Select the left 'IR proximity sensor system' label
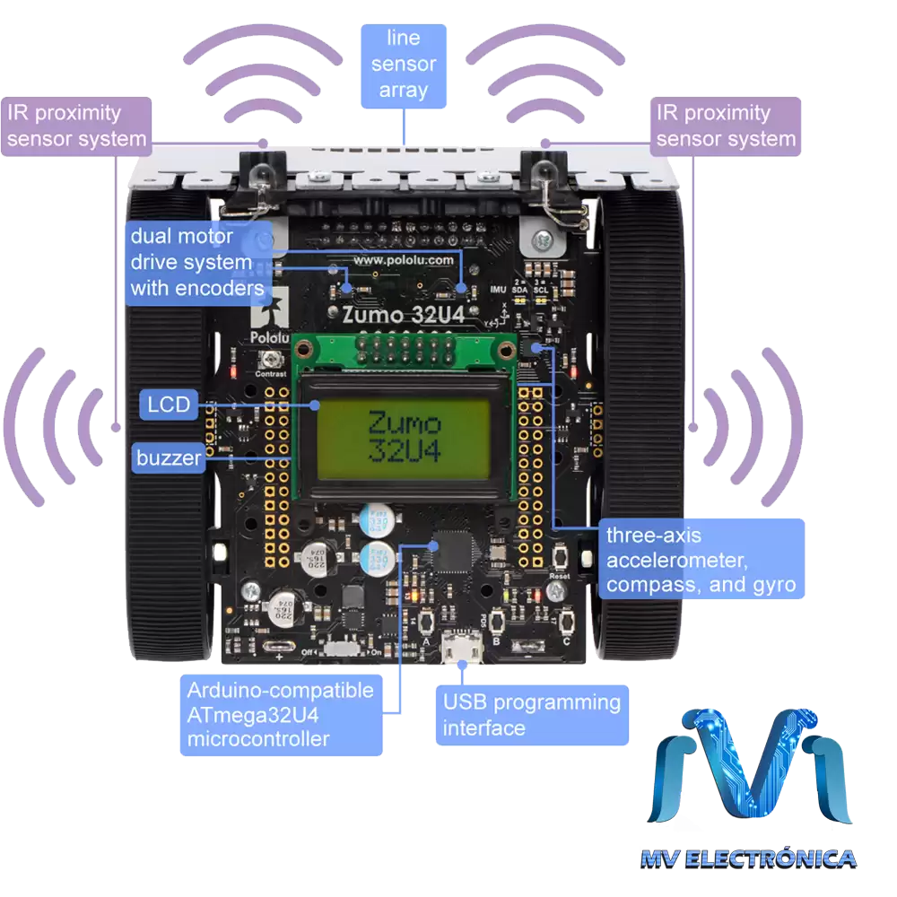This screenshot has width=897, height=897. point(75,126)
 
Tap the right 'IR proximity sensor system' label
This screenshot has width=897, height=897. point(725,126)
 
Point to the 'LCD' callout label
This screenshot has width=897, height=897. point(170,405)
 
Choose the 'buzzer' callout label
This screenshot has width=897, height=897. point(169,458)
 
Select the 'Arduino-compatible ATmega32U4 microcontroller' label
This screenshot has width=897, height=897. point(280,715)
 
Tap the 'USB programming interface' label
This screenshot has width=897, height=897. point(531,715)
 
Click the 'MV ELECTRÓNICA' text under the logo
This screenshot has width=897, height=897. point(749,858)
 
